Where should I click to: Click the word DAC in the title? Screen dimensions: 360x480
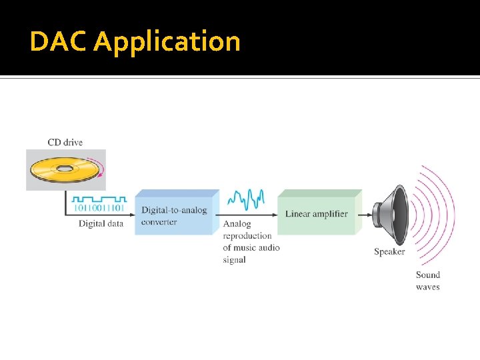tap(59, 41)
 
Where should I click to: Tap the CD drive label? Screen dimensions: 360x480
tap(65, 142)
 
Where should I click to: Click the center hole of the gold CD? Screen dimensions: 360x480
tap(65, 169)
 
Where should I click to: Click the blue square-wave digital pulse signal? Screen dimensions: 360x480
tap(99, 199)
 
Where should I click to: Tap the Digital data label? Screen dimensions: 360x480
tap(101, 224)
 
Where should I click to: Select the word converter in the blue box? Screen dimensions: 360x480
tap(159, 222)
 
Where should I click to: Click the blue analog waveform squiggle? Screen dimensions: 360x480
tap(246, 198)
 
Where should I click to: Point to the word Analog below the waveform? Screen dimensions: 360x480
tap(237, 224)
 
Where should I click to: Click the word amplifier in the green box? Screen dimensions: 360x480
tap(330, 214)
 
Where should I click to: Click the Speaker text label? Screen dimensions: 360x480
tap(389, 252)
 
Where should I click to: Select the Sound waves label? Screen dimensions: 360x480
tap(428, 281)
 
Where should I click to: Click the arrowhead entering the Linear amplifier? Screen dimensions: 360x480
tap(274, 215)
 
